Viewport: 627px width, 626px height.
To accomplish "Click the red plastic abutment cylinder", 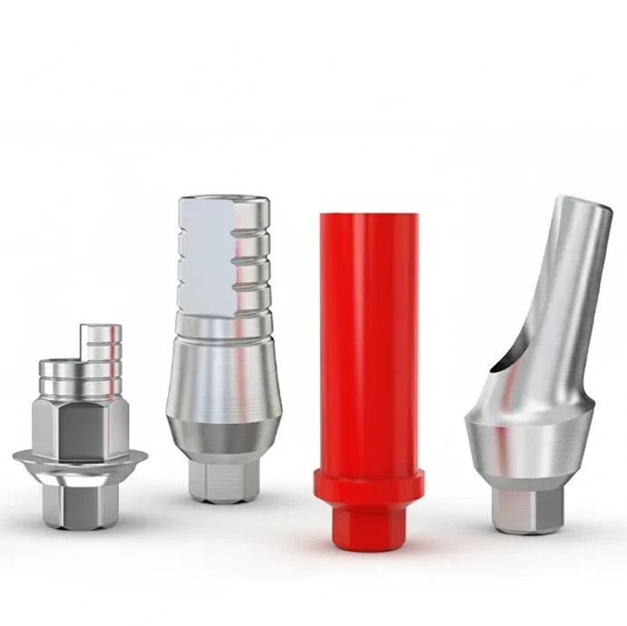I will pos(368,345).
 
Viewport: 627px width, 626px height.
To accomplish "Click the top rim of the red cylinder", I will pos(368,218).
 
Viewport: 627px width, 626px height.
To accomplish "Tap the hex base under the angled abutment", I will pos(526,508).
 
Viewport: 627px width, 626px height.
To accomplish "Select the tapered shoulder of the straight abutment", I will pos(223,381).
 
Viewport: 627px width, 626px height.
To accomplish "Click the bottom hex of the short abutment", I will pos(80,504).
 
